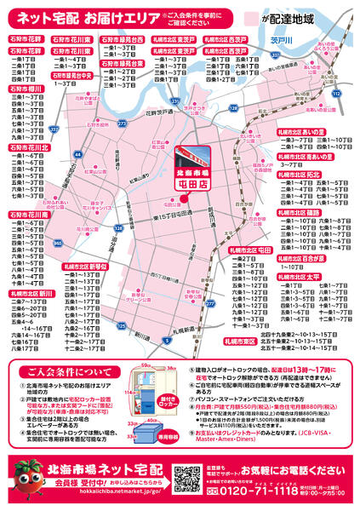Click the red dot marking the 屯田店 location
[181, 200]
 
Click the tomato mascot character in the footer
[25, 481]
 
